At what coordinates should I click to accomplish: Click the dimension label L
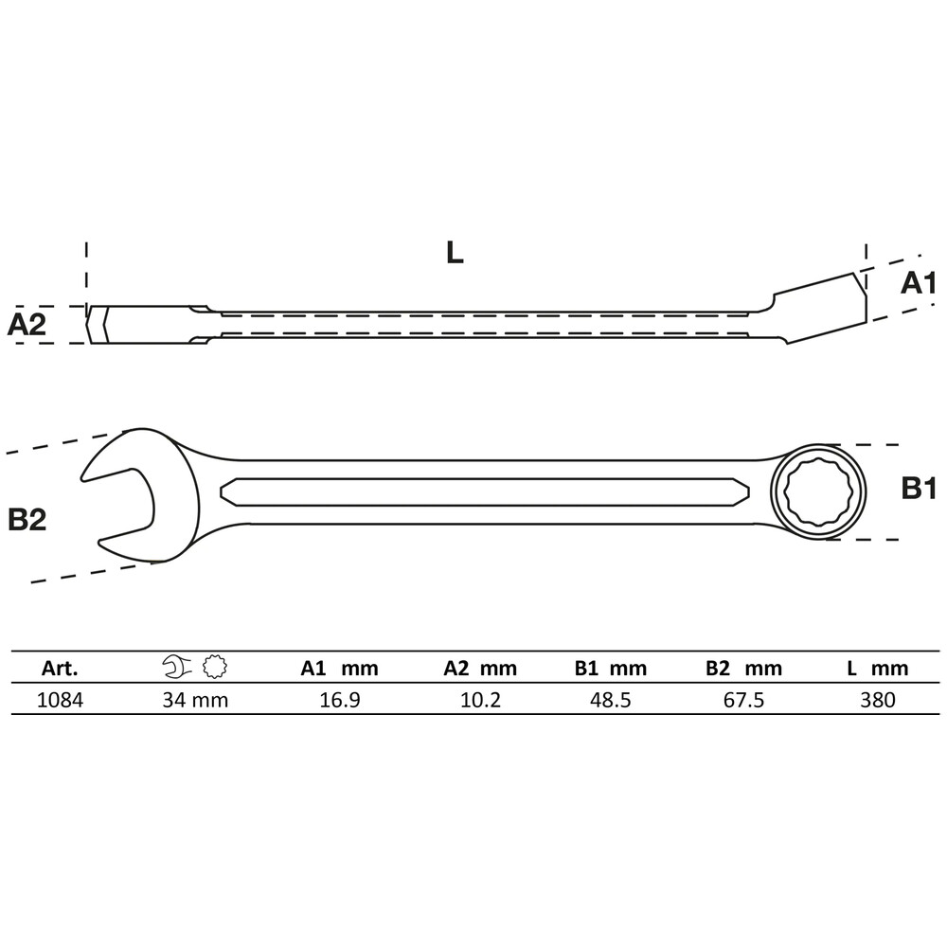click(x=455, y=253)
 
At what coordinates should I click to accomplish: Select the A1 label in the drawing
click(x=918, y=282)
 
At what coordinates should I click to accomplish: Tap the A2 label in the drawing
click(x=27, y=325)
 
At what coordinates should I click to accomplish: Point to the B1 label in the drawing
click(x=918, y=489)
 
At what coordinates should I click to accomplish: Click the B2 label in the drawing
click(x=27, y=519)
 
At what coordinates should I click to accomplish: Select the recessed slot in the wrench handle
click(x=484, y=491)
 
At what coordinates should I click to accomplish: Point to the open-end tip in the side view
click(x=99, y=325)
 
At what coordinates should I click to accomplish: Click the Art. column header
click(x=60, y=669)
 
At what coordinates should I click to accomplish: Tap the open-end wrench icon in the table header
click(x=175, y=669)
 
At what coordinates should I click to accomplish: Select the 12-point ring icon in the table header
click(x=213, y=669)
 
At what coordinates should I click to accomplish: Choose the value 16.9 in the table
click(x=339, y=700)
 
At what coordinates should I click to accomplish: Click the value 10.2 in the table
click(x=479, y=700)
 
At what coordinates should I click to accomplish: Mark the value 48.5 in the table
click(x=610, y=700)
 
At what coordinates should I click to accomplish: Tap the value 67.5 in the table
click(x=743, y=700)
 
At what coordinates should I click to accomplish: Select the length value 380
click(x=877, y=700)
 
